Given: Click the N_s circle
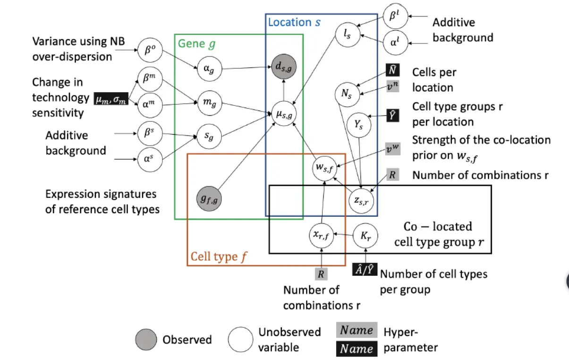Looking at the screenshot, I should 347,94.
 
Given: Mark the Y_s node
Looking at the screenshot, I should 359,124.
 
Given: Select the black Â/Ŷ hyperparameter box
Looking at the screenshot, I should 365,270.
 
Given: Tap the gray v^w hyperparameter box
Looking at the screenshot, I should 393,147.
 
